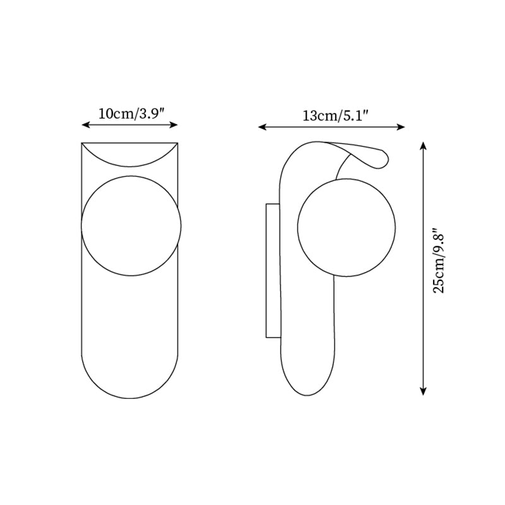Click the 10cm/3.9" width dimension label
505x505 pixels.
click(x=131, y=114)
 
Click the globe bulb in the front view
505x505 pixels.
click(x=131, y=225)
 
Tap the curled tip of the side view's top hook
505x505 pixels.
click(x=381, y=160)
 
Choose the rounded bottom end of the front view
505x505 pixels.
click(x=130, y=379)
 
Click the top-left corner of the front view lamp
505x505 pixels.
click(x=82, y=143)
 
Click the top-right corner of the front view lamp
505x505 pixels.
click(x=178, y=143)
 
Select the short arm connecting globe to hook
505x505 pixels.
click(x=343, y=166)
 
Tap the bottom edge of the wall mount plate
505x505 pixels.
click(x=273, y=337)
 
